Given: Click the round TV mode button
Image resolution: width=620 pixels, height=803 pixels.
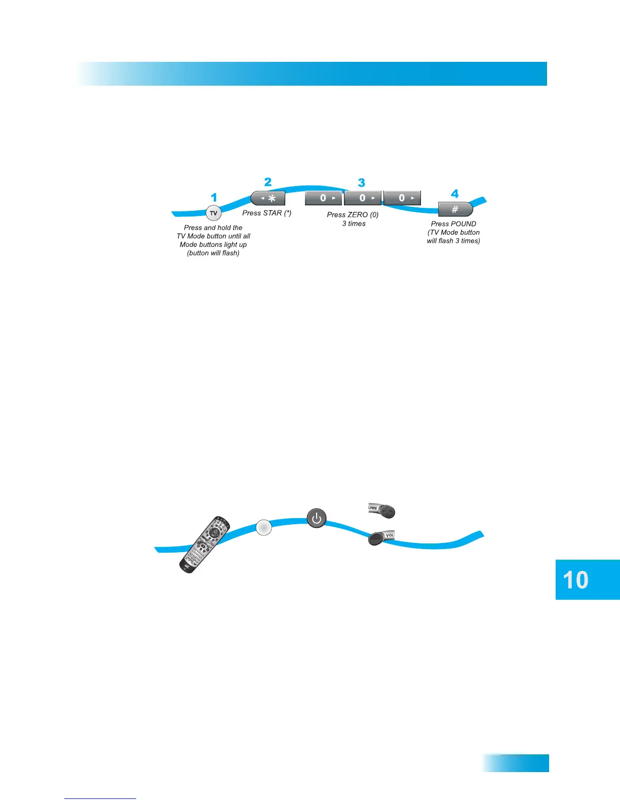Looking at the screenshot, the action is click(213, 213).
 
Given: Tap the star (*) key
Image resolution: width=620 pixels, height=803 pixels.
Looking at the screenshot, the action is click(268, 198).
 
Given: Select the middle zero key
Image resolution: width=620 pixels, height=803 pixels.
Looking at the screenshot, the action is click(362, 198).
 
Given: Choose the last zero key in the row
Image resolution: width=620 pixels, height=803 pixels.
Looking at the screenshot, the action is click(402, 198).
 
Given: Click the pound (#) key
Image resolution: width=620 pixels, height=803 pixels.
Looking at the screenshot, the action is click(455, 209).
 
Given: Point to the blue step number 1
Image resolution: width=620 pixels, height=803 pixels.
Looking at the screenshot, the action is click(214, 198).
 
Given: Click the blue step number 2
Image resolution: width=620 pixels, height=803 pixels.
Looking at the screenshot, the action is click(268, 182).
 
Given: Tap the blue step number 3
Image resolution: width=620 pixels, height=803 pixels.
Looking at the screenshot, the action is click(361, 182).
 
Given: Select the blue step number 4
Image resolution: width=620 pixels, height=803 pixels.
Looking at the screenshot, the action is click(455, 194).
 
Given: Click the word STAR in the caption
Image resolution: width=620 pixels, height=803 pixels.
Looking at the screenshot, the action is click(272, 213).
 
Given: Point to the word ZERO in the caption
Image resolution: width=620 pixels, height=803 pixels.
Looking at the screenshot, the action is click(358, 215).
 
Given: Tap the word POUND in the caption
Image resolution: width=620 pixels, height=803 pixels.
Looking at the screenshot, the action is click(463, 224).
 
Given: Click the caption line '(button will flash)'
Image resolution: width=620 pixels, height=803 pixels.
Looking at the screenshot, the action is click(213, 253).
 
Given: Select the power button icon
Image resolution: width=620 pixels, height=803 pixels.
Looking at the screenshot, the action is click(317, 518).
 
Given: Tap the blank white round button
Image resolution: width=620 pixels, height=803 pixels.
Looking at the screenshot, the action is click(263, 527).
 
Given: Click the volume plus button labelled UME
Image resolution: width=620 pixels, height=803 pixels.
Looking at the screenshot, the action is click(382, 511).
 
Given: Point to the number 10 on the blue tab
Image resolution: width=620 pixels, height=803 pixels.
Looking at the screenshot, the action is click(575, 580).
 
